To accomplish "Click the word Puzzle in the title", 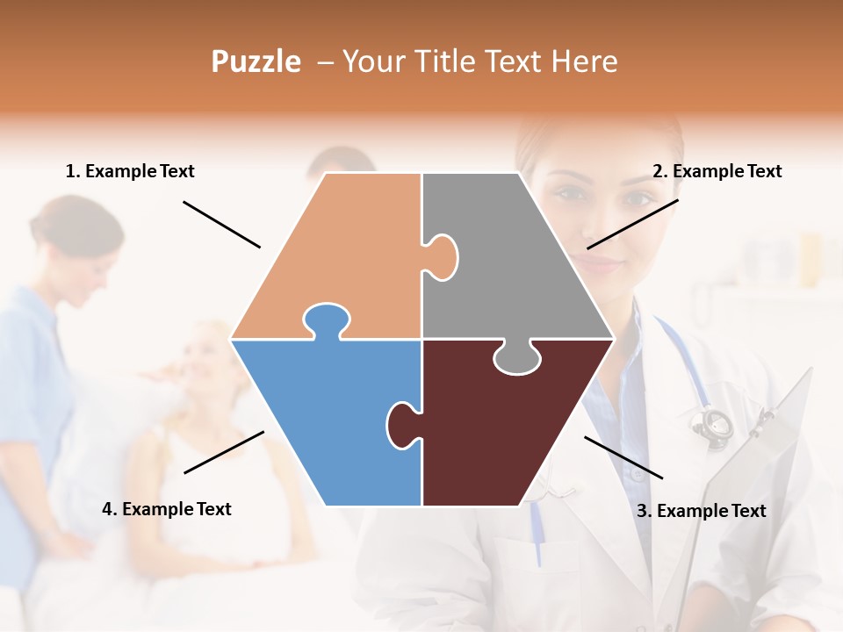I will pos(256,62).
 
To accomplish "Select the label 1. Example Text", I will pos(130,172).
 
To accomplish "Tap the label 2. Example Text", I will pos(717,172).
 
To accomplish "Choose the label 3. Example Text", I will pos(701,511).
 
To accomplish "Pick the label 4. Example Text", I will pos(166,509).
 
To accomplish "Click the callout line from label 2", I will pos(632,224).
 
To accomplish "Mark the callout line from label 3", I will pos(623,457).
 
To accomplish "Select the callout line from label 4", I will pos(224,452).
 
